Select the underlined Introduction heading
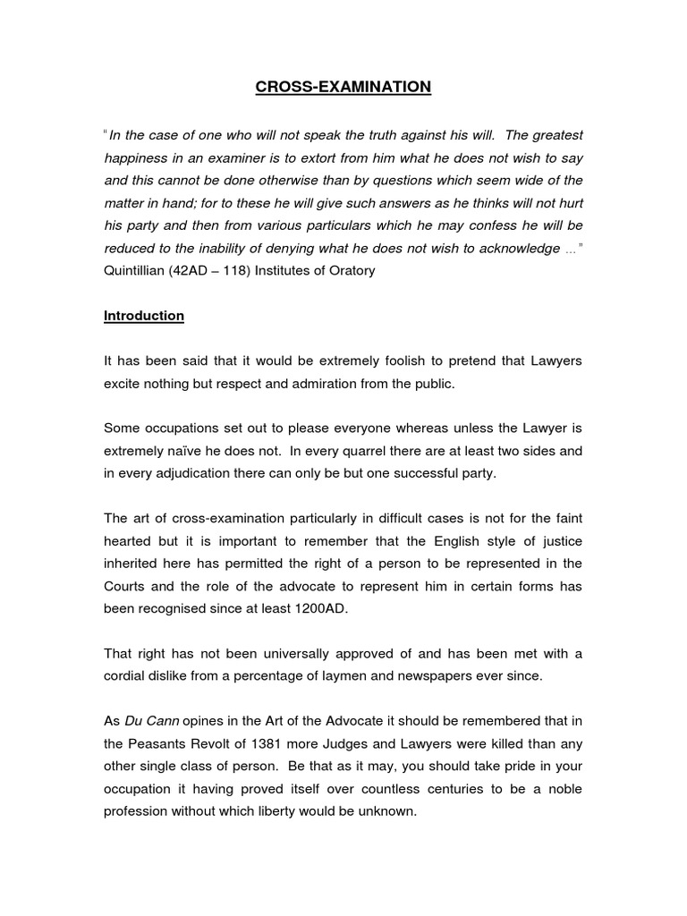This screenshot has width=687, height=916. [144, 316]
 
